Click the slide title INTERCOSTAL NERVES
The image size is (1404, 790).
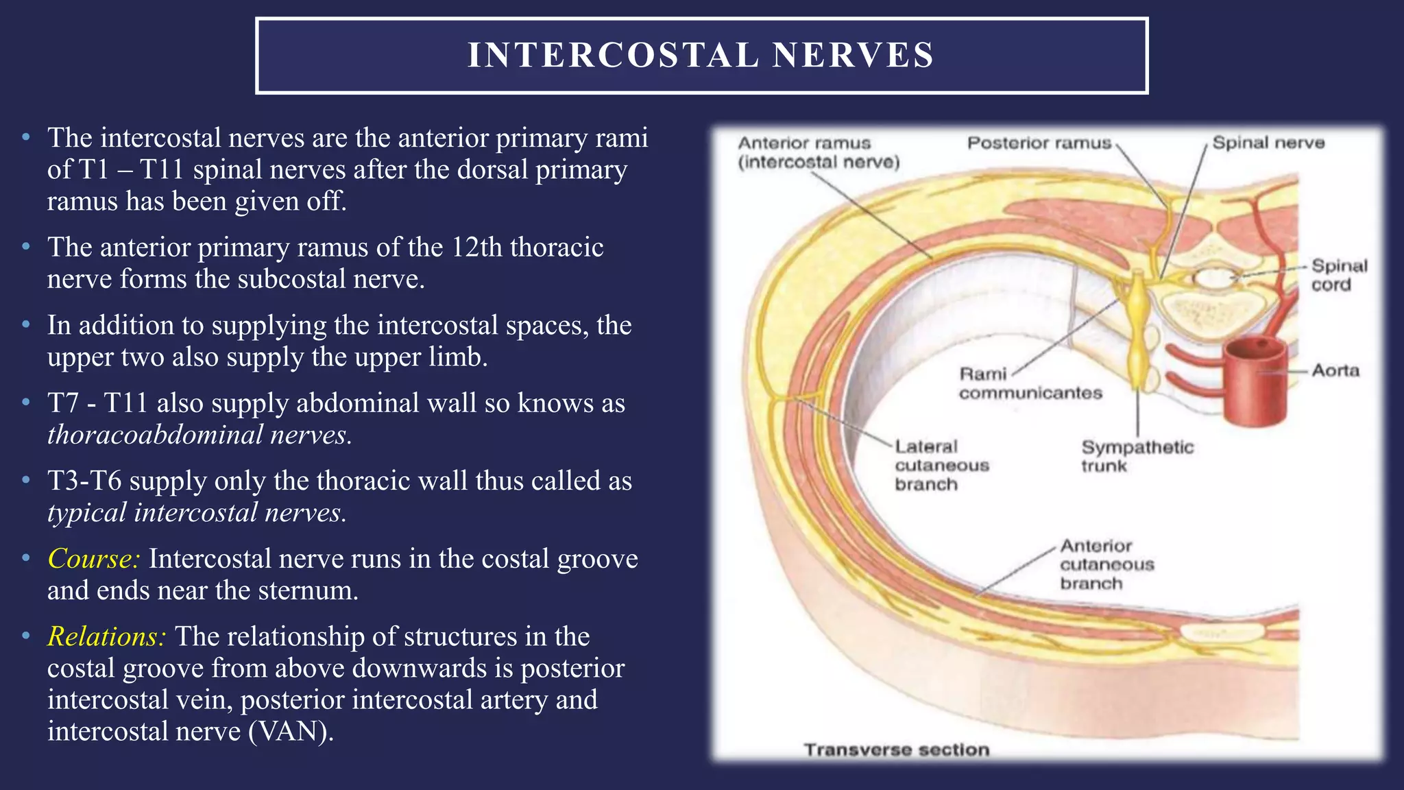point(701,56)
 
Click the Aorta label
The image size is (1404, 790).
point(1335,371)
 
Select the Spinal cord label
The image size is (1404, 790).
point(1338,275)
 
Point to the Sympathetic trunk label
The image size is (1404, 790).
point(1137,456)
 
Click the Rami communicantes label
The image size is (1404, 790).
point(1030,383)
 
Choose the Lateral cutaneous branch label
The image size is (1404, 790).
point(941,465)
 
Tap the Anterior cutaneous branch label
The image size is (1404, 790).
point(1106,564)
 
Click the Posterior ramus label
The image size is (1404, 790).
point(1039,143)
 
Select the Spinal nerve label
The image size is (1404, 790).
point(1268,143)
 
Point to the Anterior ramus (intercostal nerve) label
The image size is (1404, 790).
point(818,152)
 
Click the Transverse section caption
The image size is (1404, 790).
point(896,750)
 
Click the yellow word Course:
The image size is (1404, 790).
point(94,559)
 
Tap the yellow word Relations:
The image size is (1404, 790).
point(106,636)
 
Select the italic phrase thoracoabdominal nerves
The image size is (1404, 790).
point(199,435)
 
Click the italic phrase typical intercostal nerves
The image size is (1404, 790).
point(197,513)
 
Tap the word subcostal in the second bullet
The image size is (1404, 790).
point(292,279)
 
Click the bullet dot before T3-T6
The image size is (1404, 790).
point(26,481)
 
